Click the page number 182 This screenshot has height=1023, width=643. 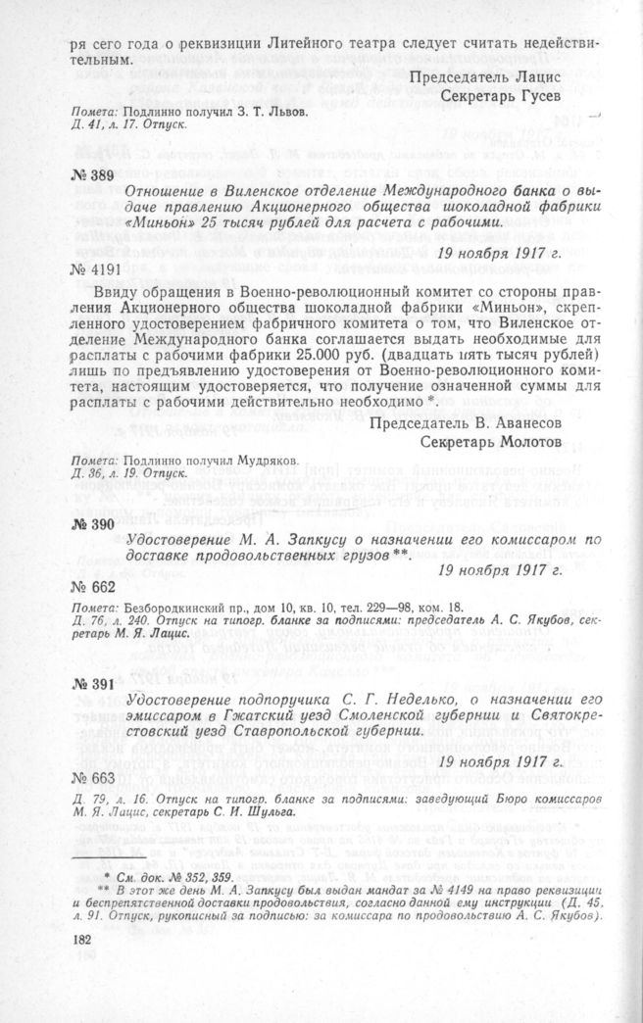click(x=82, y=938)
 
